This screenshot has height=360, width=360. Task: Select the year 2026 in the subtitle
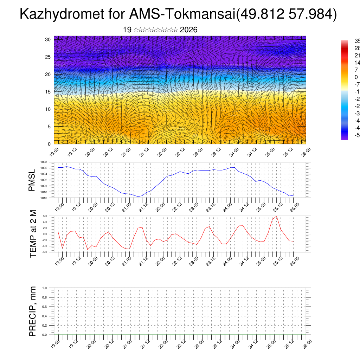tap(188, 30)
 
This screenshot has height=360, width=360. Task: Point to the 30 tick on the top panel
tap(48, 39)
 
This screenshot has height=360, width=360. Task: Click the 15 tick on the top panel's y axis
tap(48, 92)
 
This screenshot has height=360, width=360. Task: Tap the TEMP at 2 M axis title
tap(33, 234)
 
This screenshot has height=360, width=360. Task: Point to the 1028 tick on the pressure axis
tap(44, 162)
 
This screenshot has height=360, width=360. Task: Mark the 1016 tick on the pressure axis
tap(44, 198)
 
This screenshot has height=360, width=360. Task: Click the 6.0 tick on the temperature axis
tap(45, 216)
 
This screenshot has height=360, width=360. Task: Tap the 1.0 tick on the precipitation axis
tap(45, 288)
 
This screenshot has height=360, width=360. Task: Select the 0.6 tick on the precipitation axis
tap(45, 307)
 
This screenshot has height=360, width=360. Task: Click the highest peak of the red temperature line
tap(277, 216)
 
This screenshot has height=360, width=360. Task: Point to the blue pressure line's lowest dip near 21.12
tap(138, 197)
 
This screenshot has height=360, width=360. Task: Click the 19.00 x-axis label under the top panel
tap(54, 152)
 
